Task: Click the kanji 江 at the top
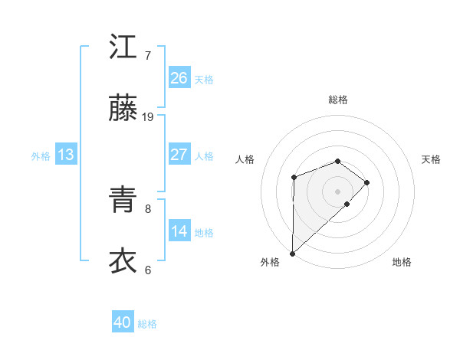[123, 47]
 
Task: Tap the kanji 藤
[123, 109]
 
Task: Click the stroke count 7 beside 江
[148, 55]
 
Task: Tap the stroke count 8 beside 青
[148, 208]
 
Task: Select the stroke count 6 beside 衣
[148, 270]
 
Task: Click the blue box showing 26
[179, 77]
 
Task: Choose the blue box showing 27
[179, 155]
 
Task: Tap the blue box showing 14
[179, 231]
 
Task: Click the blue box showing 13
[66, 155]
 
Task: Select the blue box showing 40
[123, 323]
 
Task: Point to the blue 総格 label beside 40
[147, 324]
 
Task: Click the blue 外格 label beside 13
[41, 156]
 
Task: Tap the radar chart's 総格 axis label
[337, 100]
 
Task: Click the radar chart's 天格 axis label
[432, 159]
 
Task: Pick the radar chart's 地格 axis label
[402, 262]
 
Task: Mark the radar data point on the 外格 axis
[292, 253]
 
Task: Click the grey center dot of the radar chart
[337, 191]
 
